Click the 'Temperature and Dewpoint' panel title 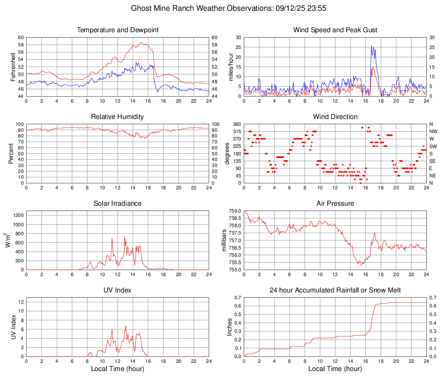coord(118,30)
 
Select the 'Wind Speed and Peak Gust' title coord(335,30)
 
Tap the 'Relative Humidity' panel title coord(118,117)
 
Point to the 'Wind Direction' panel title coord(335,117)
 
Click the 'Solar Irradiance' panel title coord(118,204)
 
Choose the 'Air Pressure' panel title coord(335,204)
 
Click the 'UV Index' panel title coord(118,290)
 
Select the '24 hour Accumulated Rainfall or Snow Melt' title coord(335,290)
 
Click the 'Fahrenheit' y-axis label coord(12,67)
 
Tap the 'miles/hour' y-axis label coord(231,67)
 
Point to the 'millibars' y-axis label coord(224,240)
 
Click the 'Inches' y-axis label coord(231,327)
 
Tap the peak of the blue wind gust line coord(371,45)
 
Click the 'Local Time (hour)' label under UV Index coord(118,369)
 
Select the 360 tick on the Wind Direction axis coord(236,124)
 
